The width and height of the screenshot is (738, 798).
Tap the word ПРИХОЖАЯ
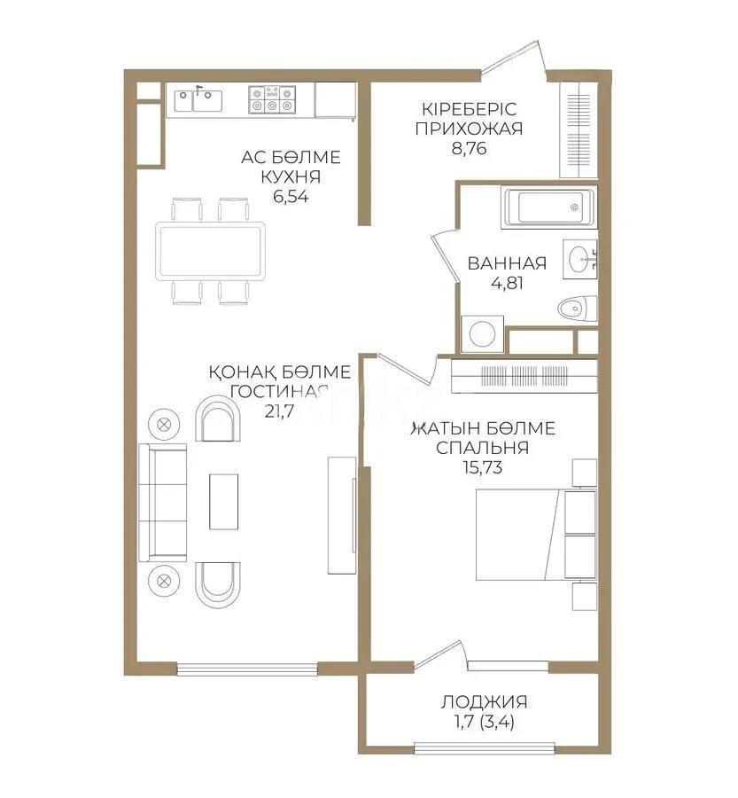point(467,128)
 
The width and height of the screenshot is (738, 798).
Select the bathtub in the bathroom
point(545,209)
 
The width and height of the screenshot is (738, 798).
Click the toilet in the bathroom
point(575,309)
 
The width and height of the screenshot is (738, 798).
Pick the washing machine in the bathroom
point(482,334)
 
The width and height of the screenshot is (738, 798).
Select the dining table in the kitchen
point(210,251)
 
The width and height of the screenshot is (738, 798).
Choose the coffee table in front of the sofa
point(223,502)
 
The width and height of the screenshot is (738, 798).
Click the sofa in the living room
point(164,502)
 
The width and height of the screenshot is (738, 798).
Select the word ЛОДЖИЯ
point(484,701)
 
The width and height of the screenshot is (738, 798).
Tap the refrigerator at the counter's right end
point(335,99)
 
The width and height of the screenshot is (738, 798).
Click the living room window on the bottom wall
point(245,669)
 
